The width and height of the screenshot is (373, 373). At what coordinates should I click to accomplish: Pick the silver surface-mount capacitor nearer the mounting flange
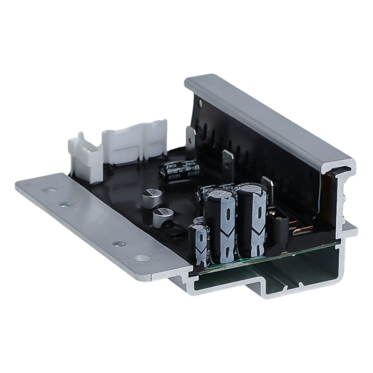(x=162, y=216)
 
